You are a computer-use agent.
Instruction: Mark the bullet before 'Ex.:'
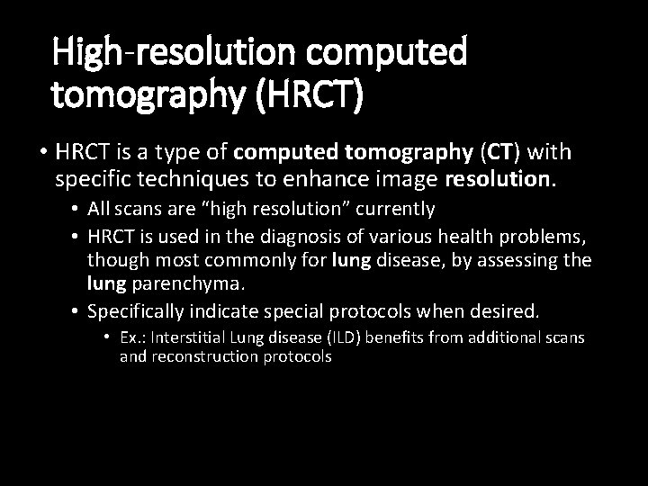106,337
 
